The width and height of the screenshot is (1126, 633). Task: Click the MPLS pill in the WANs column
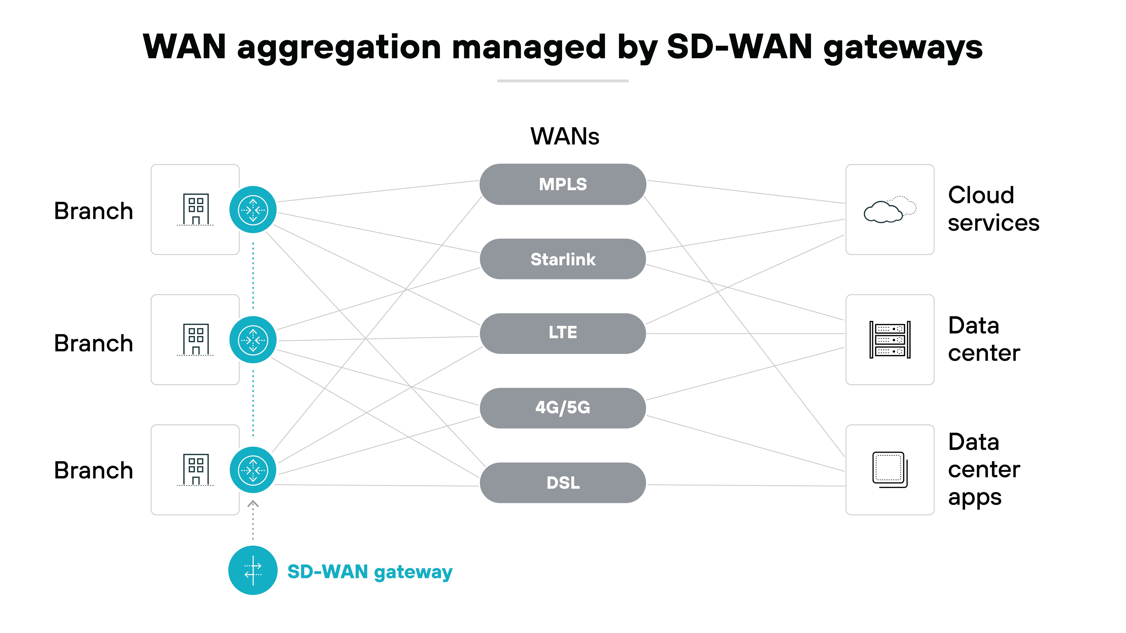pos(563,184)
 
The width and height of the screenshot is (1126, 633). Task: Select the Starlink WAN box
pos(563,259)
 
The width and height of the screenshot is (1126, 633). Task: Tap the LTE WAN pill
pos(563,333)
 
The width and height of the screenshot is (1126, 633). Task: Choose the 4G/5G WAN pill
pos(563,408)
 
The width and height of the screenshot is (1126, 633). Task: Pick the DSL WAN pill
pos(563,483)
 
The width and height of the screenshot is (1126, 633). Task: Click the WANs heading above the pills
pos(564,136)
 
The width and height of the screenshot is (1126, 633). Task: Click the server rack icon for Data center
pos(890,340)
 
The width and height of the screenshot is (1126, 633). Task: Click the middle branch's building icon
pos(195,339)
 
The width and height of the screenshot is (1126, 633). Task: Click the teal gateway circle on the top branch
pos(253,210)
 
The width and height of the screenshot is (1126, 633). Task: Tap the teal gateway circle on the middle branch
pos(253,340)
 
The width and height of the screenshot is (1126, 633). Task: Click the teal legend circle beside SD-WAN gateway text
pos(253,570)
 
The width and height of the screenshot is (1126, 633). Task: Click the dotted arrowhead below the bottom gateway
pos(253,504)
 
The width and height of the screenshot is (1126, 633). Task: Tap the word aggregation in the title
pos(339,48)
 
